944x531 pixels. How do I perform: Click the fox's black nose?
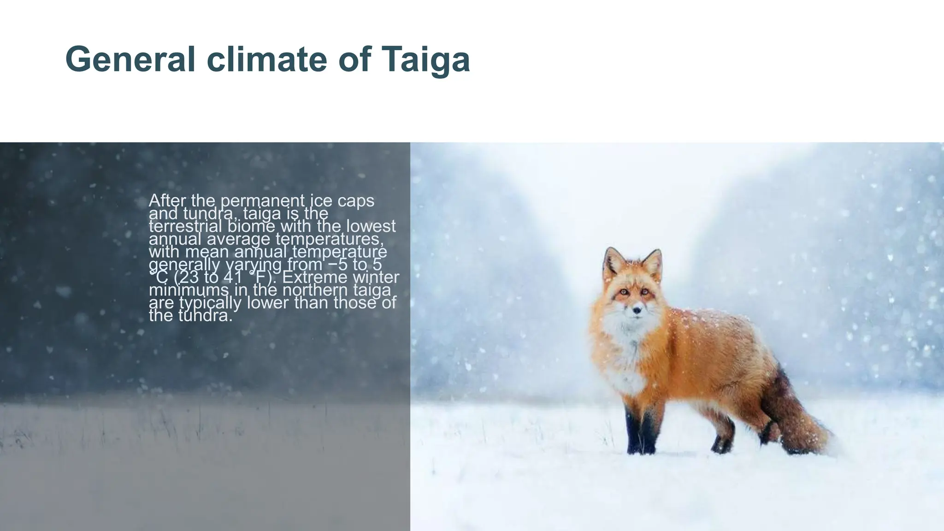point(637,311)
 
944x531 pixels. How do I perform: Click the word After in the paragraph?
point(167,201)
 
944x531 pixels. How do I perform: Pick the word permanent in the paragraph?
point(263,201)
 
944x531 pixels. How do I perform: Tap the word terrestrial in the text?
point(186,226)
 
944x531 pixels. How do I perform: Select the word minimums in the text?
point(189,290)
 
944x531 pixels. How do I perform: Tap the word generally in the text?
point(184,265)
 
